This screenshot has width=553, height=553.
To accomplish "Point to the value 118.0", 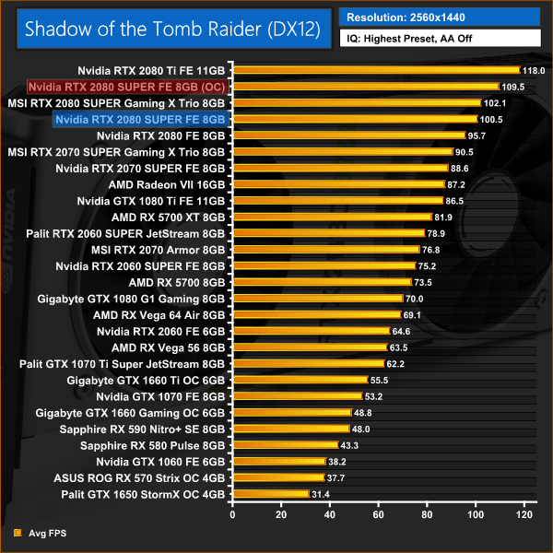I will coord(533,70).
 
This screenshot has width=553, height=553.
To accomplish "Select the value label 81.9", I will coord(444,218).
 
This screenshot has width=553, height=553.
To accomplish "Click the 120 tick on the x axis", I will coord(525,513).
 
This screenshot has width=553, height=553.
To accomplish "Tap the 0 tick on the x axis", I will coord(234,513).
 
